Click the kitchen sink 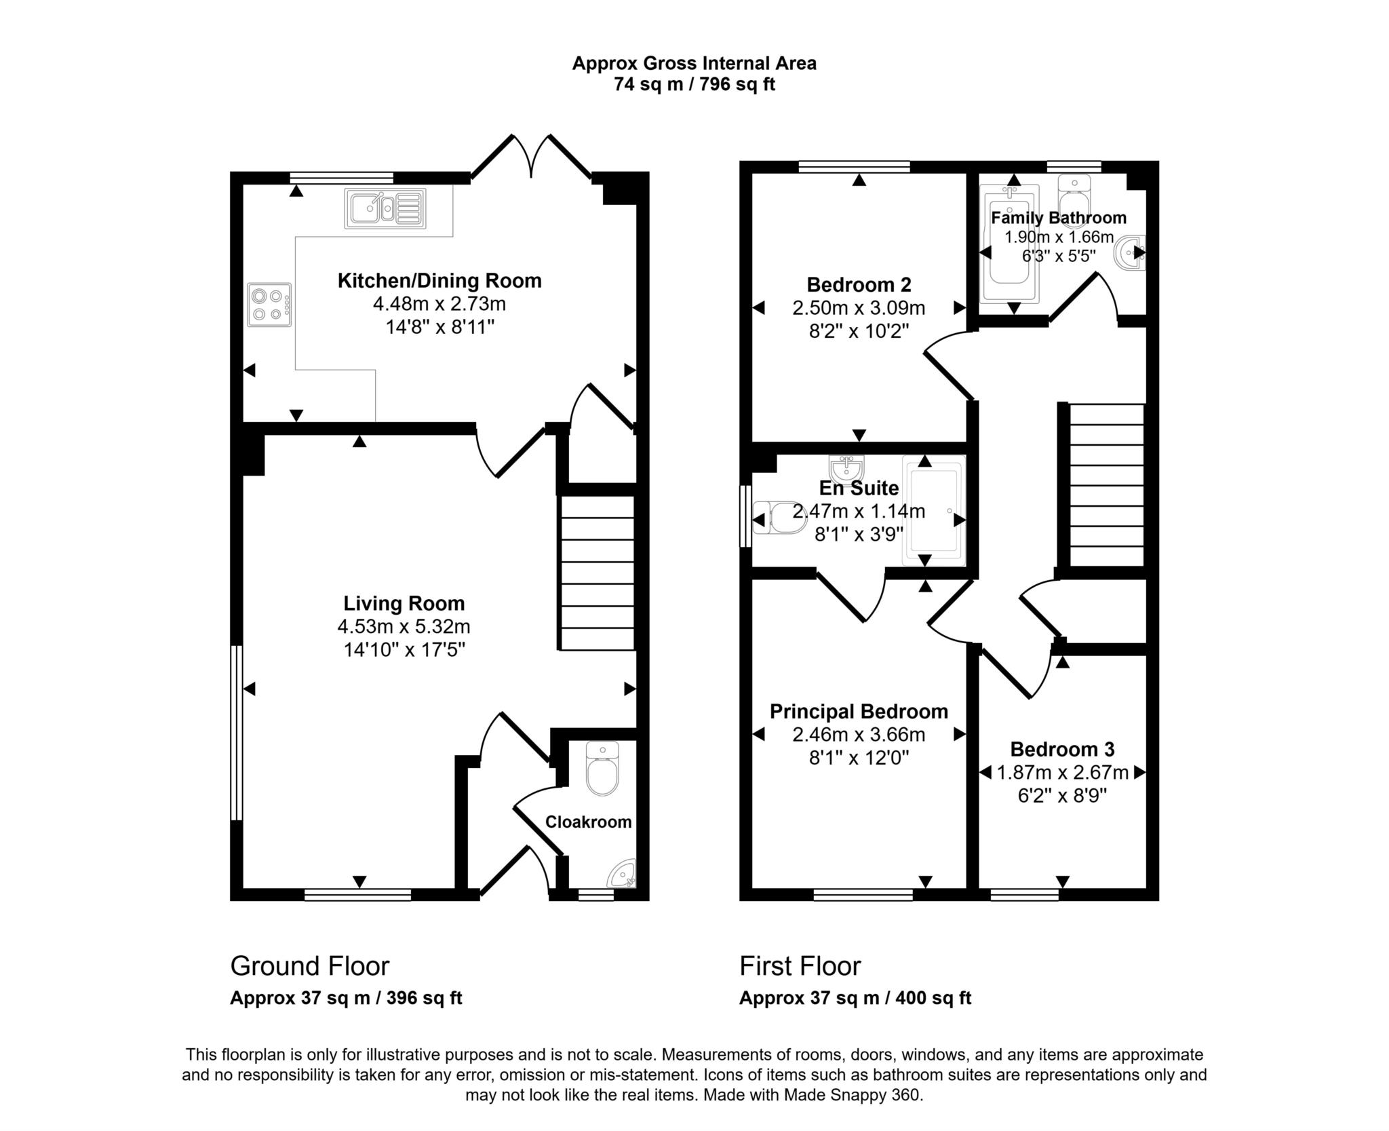(385, 208)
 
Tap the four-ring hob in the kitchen (269, 305)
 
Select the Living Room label (404, 603)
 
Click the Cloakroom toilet (602, 770)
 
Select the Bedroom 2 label (859, 284)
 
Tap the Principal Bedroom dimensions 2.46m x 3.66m (859, 734)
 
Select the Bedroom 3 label (1062, 749)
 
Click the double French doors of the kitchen (531, 157)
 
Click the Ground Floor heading (310, 965)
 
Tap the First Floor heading (800, 965)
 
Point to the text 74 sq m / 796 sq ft (694, 85)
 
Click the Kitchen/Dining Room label (439, 280)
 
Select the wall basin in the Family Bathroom (1130, 252)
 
